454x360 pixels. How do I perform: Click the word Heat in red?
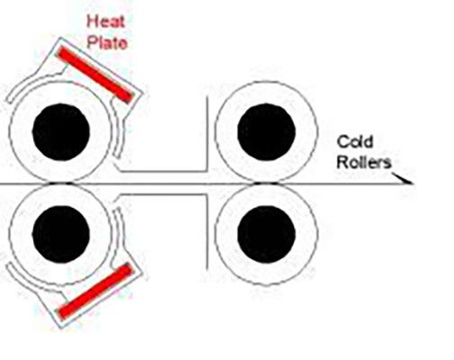click(x=105, y=22)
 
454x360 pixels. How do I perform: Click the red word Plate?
click(x=107, y=42)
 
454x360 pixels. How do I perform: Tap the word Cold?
click(x=355, y=141)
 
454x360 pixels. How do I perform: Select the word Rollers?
click(x=364, y=162)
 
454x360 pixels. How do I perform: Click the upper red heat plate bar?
click(x=95, y=75)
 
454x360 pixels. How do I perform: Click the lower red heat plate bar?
click(x=95, y=291)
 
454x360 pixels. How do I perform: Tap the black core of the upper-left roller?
click(x=61, y=132)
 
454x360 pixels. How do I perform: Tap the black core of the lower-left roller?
click(x=61, y=234)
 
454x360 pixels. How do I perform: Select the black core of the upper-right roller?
click(x=266, y=132)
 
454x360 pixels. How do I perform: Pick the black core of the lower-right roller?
click(x=266, y=234)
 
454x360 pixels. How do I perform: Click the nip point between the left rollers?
click(x=60, y=183)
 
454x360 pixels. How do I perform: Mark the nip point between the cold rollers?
click(x=266, y=183)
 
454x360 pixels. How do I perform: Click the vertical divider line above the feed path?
click(x=207, y=133)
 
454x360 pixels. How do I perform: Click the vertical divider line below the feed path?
click(x=207, y=232)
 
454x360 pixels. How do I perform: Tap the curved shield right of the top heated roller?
click(x=120, y=129)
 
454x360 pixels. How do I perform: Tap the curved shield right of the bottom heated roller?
click(x=120, y=237)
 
